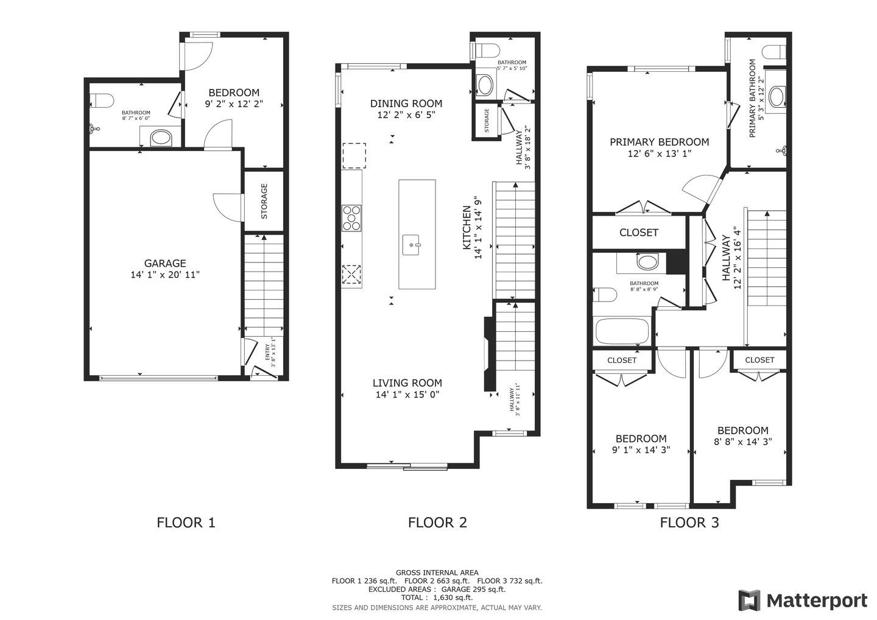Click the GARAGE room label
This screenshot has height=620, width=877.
pyautogui.click(x=165, y=263)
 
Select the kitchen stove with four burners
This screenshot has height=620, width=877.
pyautogui.click(x=351, y=217)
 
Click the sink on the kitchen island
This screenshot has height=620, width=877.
pyautogui.click(x=414, y=245)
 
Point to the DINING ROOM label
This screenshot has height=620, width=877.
pyautogui.click(x=406, y=104)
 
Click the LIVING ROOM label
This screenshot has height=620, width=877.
pyautogui.click(x=407, y=383)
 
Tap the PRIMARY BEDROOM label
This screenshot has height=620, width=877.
pyautogui.click(x=660, y=142)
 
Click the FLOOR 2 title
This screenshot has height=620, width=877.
pyautogui.click(x=437, y=522)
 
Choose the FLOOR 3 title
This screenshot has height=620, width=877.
pyautogui.click(x=689, y=522)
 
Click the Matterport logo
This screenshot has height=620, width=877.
pyautogui.click(x=802, y=601)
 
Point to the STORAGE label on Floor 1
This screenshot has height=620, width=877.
pyautogui.click(x=264, y=201)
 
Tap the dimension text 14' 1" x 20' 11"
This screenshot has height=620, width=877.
pyautogui.click(x=165, y=275)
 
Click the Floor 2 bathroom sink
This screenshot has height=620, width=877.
pyautogui.click(x=485, y=85)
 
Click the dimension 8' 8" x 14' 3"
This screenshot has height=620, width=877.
pyautogui.click(x=742, y=442)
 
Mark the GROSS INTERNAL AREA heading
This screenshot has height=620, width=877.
pyautogui.click(x=437, y=572)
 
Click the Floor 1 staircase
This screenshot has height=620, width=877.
pyautogui.click(x=264, y=280)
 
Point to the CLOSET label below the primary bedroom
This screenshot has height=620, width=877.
pyautogui.click(x=638, y=233)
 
